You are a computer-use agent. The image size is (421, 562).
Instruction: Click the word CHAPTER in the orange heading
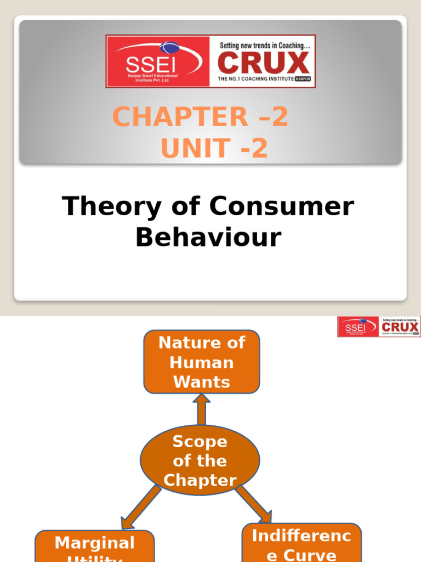coord(171,117)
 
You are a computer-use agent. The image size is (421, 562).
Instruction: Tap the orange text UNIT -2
coord(214,149)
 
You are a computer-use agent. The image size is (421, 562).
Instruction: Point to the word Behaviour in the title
coord(208,237)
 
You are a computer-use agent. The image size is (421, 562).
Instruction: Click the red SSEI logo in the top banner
coord(158,61)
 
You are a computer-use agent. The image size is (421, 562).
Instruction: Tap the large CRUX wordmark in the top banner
coord(264,63)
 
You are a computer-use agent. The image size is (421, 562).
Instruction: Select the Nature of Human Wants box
coord(201,362)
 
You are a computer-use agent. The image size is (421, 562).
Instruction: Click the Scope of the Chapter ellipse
coord(200,460)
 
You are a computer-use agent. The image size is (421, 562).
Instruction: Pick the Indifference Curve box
coord(301,543)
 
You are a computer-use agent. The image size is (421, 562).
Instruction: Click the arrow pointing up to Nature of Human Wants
coord(201,409)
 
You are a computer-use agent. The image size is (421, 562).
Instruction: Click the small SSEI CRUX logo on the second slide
coord(379,327)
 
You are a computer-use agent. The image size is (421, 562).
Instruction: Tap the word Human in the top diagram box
coord(201,362)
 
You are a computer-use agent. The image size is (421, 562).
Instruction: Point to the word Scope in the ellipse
coord(200,441)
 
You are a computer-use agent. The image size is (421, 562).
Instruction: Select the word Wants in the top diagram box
coord(201,382)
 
